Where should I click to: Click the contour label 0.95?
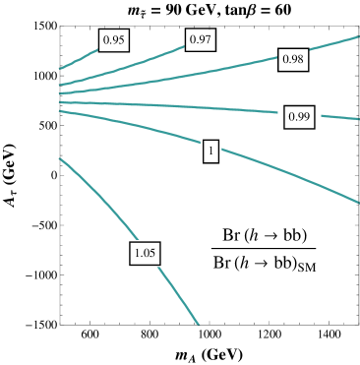[x=113, y=40]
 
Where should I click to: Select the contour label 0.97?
[x=201, y=39]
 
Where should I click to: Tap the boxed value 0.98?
[x=293, y=60]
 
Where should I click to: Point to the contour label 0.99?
[x=298, y=117]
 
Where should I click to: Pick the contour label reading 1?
[x=210, y=152]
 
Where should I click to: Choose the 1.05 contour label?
[x=145, y=254]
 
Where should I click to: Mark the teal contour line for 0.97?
[x=148, y=58]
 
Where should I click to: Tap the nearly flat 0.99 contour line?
[x=197, y=107]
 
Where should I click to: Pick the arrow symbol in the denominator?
[x=262, y=262]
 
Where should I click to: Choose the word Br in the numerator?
[x=233, y=236]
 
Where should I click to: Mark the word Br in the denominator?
[x=222, y=262]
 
